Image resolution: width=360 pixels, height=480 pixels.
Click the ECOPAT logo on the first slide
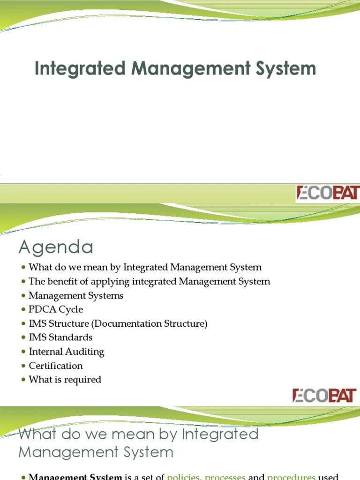click(x=327, y=193)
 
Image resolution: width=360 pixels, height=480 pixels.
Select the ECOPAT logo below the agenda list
click(x=324, y=395)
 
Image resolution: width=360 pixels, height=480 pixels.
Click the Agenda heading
click(x=55, y=247)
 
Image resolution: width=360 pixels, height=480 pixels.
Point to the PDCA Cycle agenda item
click(x=56, y=309)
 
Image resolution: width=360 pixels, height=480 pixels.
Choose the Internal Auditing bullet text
click(x=66, y=352)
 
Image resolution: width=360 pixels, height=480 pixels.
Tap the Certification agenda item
click(x=56, y=366)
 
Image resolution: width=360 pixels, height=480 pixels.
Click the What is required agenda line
click(x=65, y=380)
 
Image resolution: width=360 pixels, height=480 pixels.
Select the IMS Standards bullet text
click(x=60, y=337)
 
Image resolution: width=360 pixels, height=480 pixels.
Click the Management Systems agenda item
click(x=76, y=295)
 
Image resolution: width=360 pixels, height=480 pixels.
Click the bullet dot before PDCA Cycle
click(x=23, y=310)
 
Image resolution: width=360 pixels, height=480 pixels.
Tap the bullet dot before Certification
click(x=23, y=366)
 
